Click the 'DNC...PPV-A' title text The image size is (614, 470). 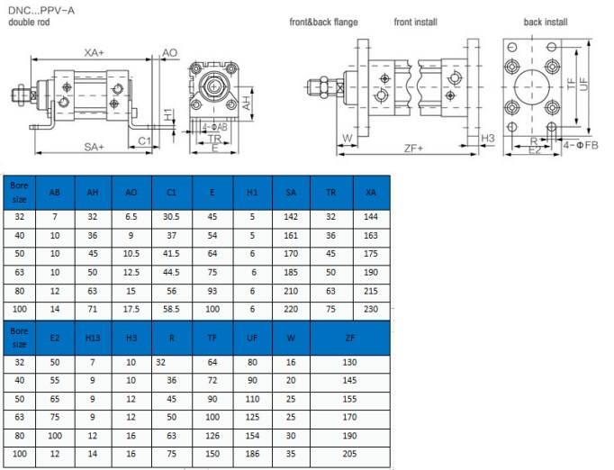[x=41, y=11]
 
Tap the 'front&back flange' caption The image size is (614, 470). [x=323, y=22]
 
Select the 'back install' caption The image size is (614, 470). [x=546, y=22]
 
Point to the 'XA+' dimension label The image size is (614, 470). [x=94, y=52]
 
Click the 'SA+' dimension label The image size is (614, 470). [x=94, y=147]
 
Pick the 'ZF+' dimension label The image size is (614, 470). [x=413, y=149]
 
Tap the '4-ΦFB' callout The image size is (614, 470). [x=581, y=145]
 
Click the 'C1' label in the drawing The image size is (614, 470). [x=144, y=140]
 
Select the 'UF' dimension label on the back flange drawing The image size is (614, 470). [x=584, y=85]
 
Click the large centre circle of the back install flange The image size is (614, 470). [x=532, y=87]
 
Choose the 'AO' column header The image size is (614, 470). [x=131, y=193]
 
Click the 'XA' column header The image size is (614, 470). [x=370, y=193]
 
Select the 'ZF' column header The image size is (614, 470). [x=349, y=338]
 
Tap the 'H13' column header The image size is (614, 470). [x=93, y=338]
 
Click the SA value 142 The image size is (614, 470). [x=291, y=217]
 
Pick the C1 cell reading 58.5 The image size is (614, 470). [x=171, y=309]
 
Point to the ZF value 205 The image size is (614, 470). [x=349, y=454]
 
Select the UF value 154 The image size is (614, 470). [x=252, y=436]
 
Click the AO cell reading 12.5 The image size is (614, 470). [x=131, y=272]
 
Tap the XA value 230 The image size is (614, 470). [x=371, y=309]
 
